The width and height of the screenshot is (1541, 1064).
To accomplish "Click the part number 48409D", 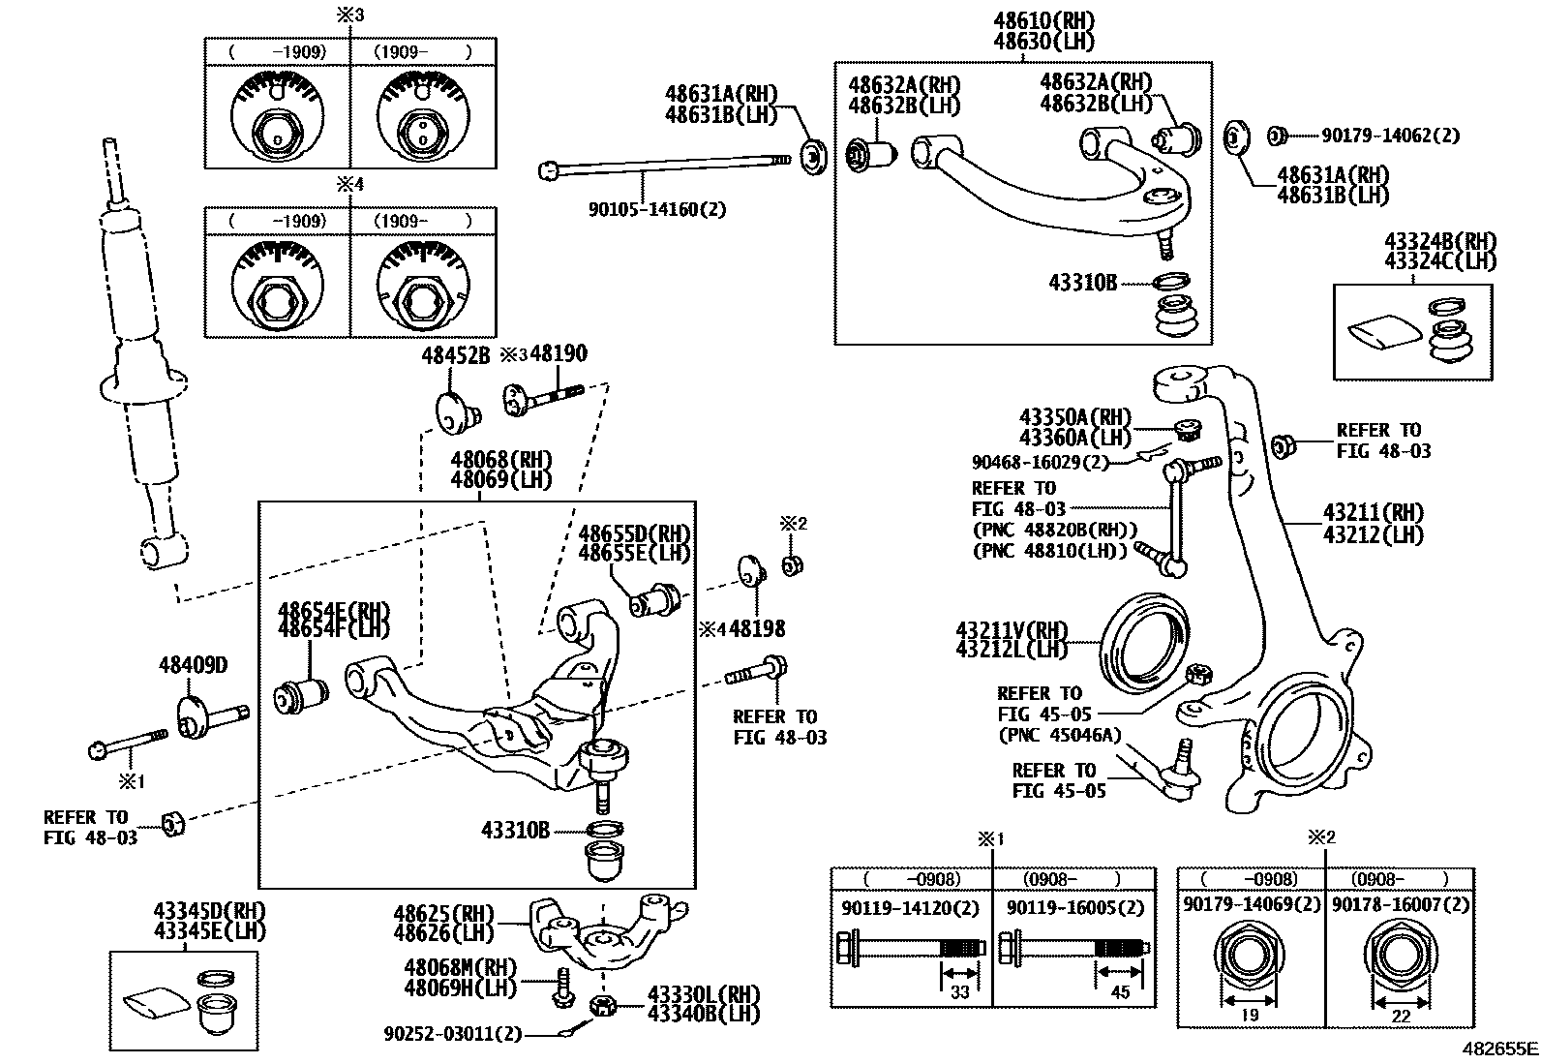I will (193, 666).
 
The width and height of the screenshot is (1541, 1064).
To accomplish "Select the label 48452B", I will (455, 355).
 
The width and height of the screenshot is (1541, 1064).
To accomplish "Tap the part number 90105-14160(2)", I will (657, 208).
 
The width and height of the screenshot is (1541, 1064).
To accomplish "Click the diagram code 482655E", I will (1499, 1049).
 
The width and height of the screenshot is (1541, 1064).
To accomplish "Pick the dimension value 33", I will (959, 991).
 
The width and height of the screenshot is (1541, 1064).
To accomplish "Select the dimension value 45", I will (1120, 991).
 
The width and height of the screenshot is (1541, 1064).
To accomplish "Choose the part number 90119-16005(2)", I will (1074, 907).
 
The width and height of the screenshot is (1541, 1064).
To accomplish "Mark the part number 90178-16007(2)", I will (1400, 903).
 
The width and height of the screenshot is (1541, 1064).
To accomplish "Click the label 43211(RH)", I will (1374, 513).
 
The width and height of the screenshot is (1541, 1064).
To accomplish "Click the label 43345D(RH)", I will (209, 912).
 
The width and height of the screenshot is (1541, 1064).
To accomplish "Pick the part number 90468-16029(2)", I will (1041, 462).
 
